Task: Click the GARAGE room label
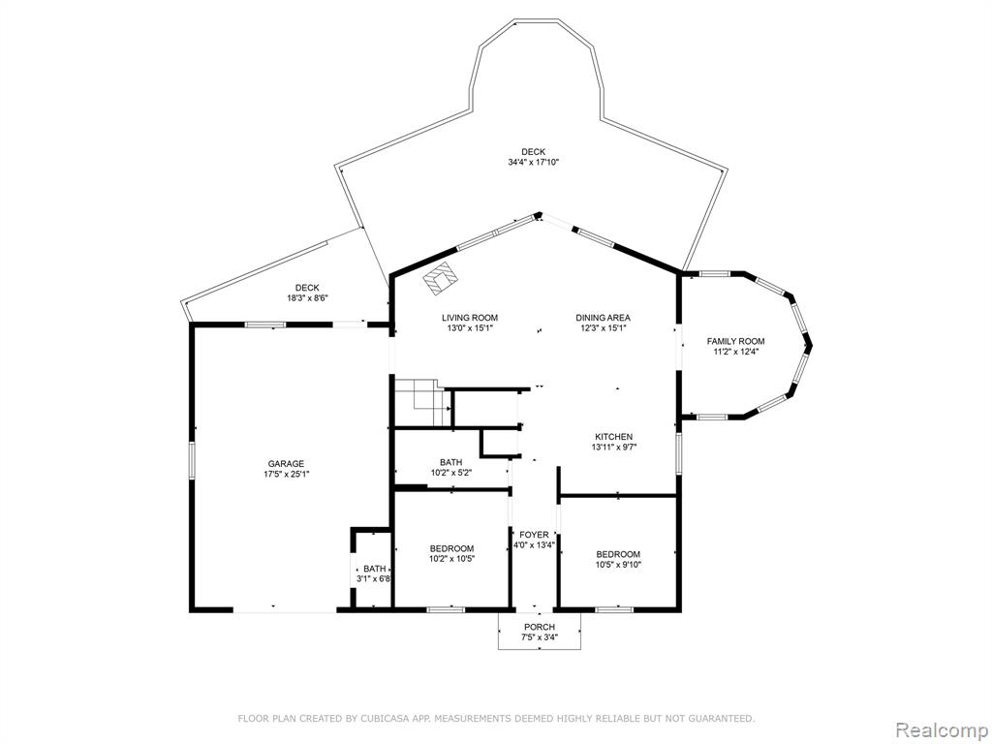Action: (286, 464)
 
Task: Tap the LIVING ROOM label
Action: (470, 318)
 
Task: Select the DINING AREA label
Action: (603, 318)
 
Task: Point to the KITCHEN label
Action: (613, 437)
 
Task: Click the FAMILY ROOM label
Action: (736, 342)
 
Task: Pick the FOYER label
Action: (534, 535)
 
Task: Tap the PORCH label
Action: (539, 627)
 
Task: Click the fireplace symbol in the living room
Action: (441, 278)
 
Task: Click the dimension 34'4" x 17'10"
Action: (534, 162)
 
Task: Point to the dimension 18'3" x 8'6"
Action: (307, 298)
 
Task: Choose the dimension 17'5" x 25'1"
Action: (286, 474)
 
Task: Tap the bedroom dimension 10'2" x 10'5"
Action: (451, 559)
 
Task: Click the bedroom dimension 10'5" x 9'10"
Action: (618, 565)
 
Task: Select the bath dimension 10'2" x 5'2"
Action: (451, 472)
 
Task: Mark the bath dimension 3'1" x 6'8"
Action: (372, 578)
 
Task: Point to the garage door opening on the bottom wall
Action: (285, 610)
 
